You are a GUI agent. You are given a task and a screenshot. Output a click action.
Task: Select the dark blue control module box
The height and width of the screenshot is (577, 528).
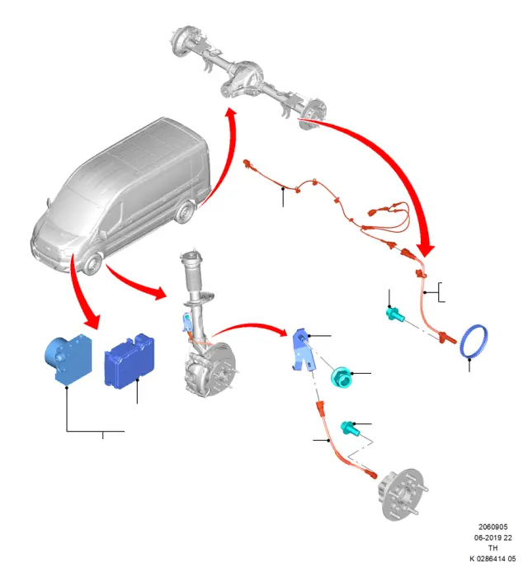[130, 360]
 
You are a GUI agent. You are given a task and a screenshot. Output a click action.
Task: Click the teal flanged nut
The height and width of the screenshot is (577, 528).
[342, 376]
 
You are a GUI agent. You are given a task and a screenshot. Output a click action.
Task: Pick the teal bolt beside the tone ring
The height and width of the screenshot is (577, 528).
[395, 315]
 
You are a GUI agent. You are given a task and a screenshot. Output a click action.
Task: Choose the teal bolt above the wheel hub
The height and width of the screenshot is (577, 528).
[349, 428]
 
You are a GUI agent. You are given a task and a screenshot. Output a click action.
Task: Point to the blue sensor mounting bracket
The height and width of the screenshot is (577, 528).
[304, 350]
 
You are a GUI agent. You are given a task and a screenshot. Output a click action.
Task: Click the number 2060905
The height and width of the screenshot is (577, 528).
[493, 527]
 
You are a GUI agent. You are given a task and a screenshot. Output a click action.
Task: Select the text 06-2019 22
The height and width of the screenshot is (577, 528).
[493, 537]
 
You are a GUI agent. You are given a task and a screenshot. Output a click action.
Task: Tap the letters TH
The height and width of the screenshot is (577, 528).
[493, 548]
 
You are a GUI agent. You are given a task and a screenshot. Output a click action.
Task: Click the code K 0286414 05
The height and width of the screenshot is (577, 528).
[493, 559]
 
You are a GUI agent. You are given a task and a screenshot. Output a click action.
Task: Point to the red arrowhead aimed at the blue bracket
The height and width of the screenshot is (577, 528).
[280, 332]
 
